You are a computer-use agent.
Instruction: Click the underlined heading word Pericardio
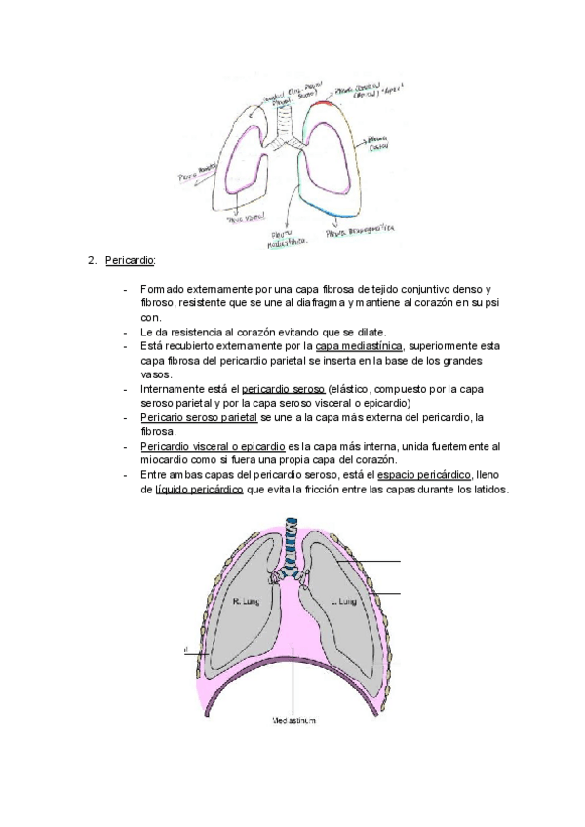point(130,261)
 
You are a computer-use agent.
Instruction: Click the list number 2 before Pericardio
point(92,261)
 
